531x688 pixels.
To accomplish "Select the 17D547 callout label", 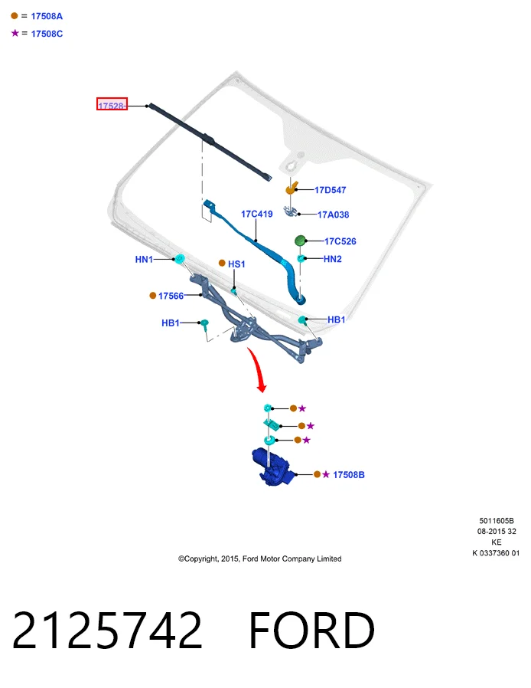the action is pos(331,190).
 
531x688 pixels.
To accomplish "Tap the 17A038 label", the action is pos(333,215).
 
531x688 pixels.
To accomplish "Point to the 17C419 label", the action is pos(257,214).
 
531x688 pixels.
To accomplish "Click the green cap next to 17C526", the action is pos(300,241).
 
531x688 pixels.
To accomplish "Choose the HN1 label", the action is pos(144,259).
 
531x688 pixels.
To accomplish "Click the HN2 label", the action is pos(333,259).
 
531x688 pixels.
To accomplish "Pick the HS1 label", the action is pos(236,264).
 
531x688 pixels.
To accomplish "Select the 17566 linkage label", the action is pos(171,296).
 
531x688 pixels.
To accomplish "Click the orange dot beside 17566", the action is pos(152,296).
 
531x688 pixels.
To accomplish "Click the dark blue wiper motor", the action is pos(272,467).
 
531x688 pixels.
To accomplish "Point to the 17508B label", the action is pos(349,475).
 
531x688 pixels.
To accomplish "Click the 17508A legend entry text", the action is pos(47,16).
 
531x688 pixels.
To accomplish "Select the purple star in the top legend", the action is pos(15,33).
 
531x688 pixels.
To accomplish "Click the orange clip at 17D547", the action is pos(291,188).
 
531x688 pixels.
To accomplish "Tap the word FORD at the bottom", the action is pos(311,630).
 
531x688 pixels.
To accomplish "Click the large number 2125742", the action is pos(107,630).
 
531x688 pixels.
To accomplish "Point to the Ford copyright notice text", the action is pos(260,559).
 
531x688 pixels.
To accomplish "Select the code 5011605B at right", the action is pos(497,521).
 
